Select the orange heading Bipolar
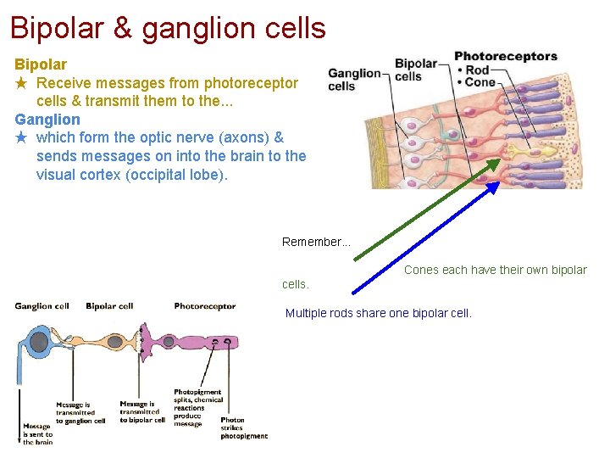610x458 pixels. (41, 64)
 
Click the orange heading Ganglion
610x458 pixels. (47, 120)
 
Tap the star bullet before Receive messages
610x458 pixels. (22, 83)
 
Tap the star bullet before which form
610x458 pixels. (22, 137)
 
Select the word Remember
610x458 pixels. (313, 243)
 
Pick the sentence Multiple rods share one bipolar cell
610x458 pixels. (378, 314)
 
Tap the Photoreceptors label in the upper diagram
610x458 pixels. (506, 57)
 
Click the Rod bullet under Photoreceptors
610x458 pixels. (474, 70)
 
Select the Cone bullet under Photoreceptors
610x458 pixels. (476, 83)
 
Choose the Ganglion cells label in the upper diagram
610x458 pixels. (353, 80)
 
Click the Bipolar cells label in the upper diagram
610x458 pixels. (415, 70)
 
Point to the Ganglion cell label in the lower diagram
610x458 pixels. (42, 306)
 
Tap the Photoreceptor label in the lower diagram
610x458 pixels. (204, 306)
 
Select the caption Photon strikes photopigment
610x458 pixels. (243, 427)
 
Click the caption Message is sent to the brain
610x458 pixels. (37, 433)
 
